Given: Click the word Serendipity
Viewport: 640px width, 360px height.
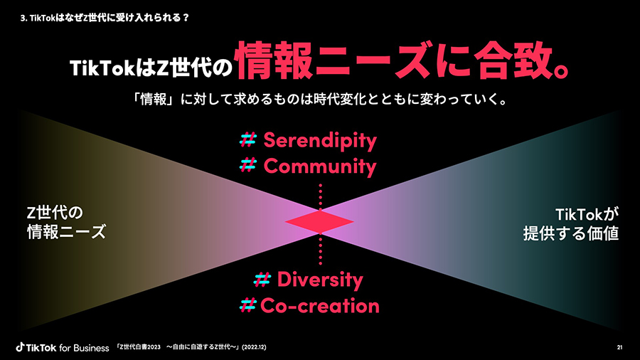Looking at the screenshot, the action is (320, 141).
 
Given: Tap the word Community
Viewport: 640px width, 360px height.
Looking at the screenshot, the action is (320, 167).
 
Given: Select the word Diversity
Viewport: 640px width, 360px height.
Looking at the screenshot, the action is (320, 280).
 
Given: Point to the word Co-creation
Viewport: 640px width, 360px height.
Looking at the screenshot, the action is (320, 306).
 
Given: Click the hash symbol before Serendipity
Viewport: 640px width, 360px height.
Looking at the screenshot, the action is (247, 139).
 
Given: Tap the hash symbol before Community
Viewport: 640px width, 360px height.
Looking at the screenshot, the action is (247, 165).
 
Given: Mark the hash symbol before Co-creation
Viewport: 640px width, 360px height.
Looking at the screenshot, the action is (247, 305).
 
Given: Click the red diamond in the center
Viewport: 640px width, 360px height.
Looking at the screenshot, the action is (319, 222).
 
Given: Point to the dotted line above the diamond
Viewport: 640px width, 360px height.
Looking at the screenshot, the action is (321, 197).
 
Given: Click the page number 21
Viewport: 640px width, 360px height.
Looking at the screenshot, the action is (619, 347).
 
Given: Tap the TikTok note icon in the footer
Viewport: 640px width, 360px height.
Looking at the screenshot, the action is (20, 347).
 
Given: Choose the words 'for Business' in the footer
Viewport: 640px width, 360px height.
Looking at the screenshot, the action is (84, 348).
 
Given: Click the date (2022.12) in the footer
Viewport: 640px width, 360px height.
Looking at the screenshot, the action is (254, 347).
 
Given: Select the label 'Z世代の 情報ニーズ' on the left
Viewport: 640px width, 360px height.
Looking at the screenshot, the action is (67, 223).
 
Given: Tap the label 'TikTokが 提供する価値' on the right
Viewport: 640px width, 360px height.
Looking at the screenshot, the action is (570, 224).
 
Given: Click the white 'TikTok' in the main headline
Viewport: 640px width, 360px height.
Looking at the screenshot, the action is (102, 68).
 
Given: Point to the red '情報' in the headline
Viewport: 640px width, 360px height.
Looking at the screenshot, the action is (274, 60).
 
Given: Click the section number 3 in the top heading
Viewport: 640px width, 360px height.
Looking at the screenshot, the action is (22, 18).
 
